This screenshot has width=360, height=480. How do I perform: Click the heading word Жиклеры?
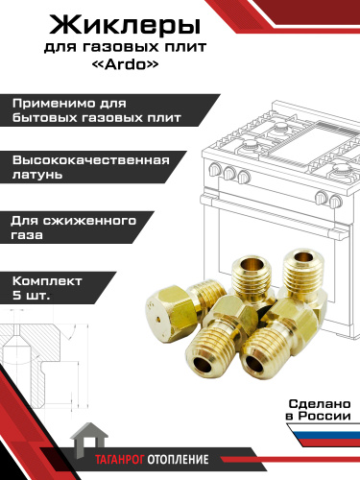tap(125, 26)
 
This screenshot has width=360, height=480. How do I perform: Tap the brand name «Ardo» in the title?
tap(125, 64)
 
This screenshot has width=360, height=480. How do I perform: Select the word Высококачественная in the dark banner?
tap(91, 160)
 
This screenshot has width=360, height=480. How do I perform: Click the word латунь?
tap(37, 175)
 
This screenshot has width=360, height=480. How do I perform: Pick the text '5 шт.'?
tap(31, 295)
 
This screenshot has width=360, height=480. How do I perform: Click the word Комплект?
tap(47, 281)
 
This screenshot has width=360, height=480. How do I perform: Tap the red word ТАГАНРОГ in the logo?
tap(120, 460)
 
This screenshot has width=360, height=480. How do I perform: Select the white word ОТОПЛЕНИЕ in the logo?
tap(178, 460)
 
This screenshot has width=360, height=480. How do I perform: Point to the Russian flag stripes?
tap(324, 435)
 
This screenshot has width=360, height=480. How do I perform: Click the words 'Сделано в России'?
tap(318, 410)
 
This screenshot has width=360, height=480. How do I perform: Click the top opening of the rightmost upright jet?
tap(302, 257)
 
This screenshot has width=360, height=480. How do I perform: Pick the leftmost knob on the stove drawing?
tap(214, 169)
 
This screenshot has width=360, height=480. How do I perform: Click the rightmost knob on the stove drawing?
tap(335, 201)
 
